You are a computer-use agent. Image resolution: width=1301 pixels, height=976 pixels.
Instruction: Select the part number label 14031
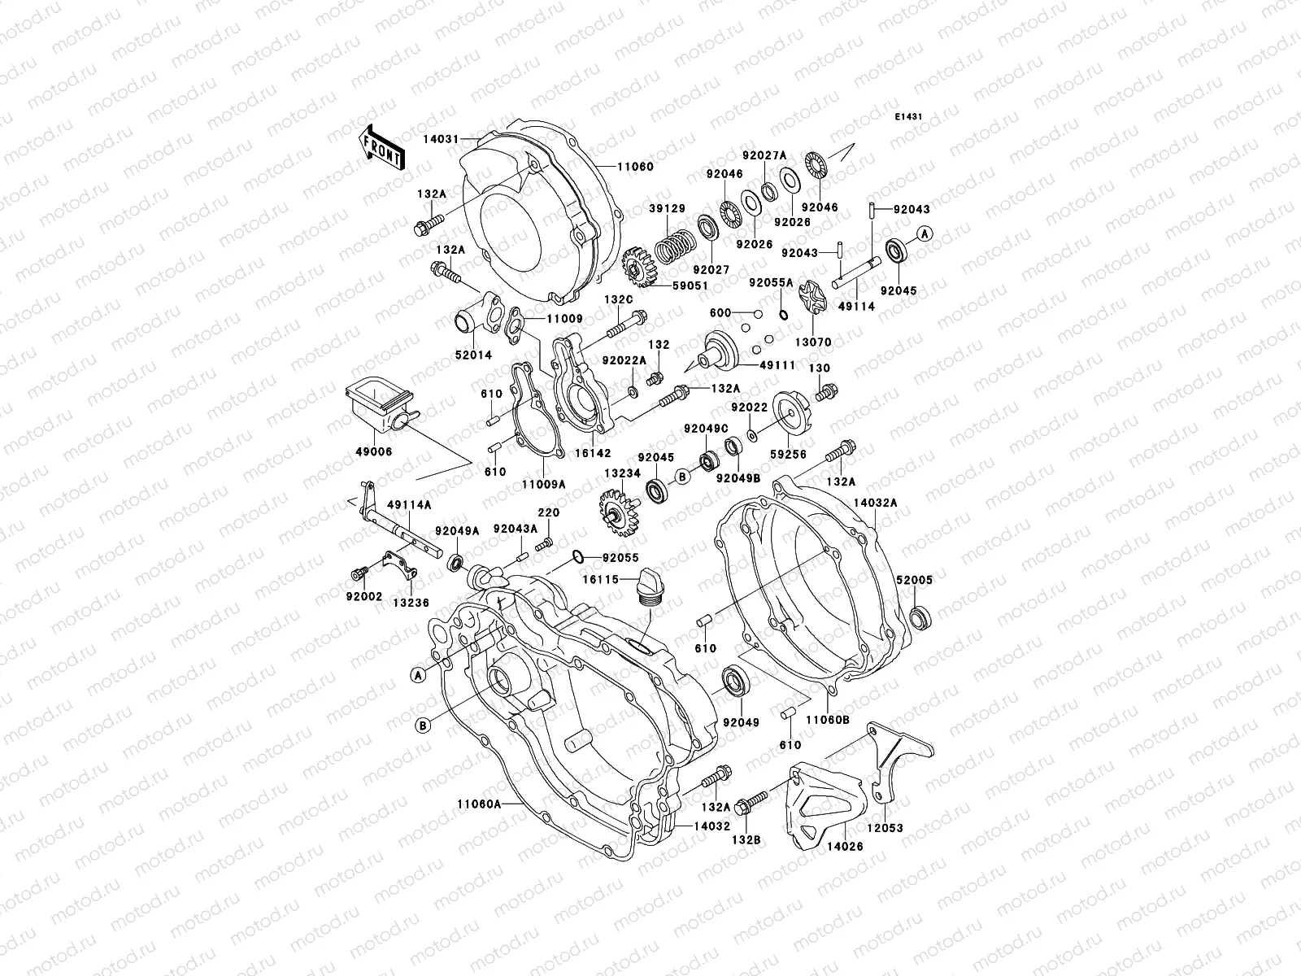[461, 138]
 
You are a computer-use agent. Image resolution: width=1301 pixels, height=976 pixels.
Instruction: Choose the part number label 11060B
[827, 720]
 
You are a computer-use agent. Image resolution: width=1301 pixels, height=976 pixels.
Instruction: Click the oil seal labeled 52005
[921, 617]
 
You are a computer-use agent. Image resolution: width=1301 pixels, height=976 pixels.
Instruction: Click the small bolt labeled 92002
[359, 575]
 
